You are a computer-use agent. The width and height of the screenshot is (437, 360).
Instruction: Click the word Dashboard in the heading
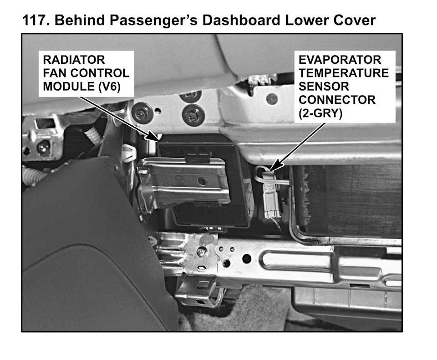(x=241, y=21)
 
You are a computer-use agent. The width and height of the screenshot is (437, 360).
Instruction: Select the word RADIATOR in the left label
(x=74, y=60)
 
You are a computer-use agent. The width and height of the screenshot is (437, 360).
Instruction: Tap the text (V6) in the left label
(x=110, y=87)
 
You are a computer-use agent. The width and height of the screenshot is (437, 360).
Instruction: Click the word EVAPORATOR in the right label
(x=340, y=60)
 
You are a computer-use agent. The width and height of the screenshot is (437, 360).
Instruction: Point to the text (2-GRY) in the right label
(x=320, y=113)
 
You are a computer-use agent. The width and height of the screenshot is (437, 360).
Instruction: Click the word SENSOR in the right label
(x=324, y=87)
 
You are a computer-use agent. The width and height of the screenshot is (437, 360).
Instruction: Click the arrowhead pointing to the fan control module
(x=153, y=136)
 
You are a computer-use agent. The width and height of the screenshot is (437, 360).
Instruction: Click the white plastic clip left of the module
(x=129, y=153)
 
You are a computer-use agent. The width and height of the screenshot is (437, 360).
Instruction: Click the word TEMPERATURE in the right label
(x=344, y=73)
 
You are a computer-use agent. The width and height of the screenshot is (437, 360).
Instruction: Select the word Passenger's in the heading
(x=153, y=21)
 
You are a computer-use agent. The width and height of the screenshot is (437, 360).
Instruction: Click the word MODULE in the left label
(x=69, y=87)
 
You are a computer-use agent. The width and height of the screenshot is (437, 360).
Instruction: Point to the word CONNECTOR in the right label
(x=337, y=100)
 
